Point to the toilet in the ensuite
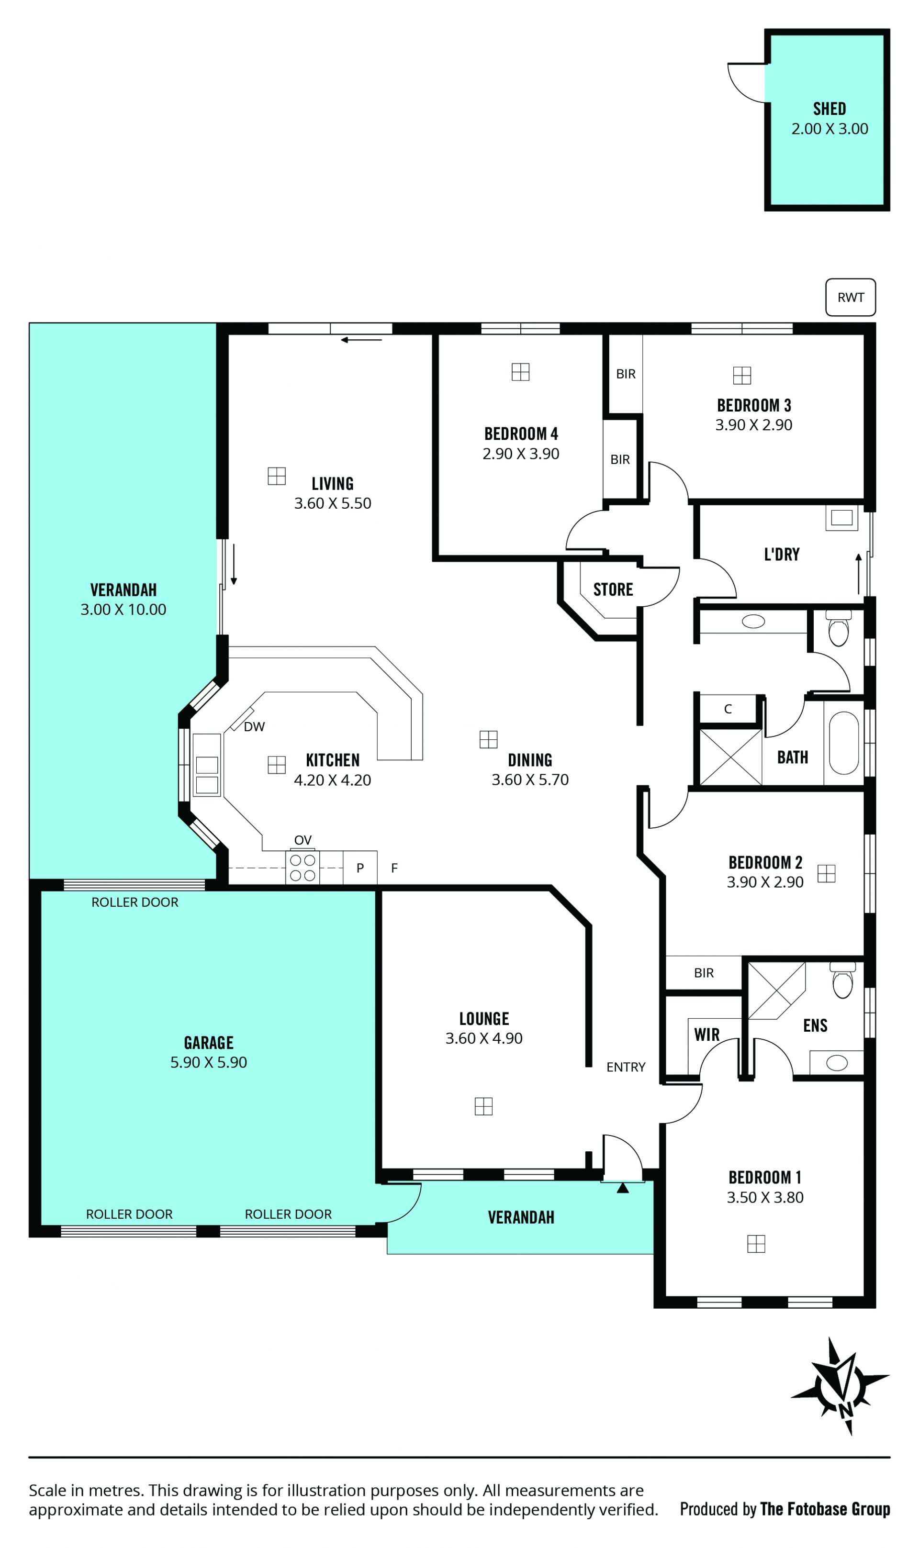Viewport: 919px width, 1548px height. (x=842, y=980)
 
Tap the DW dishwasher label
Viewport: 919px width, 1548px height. (x=254, y=727)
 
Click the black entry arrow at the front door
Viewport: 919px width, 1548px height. (x=623, y=1188)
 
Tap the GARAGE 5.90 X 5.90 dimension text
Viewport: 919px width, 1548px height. (x=209, y=1062)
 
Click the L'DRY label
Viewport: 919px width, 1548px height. (x=782, y=554)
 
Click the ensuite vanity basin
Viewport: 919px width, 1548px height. (x=837, y=1063)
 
